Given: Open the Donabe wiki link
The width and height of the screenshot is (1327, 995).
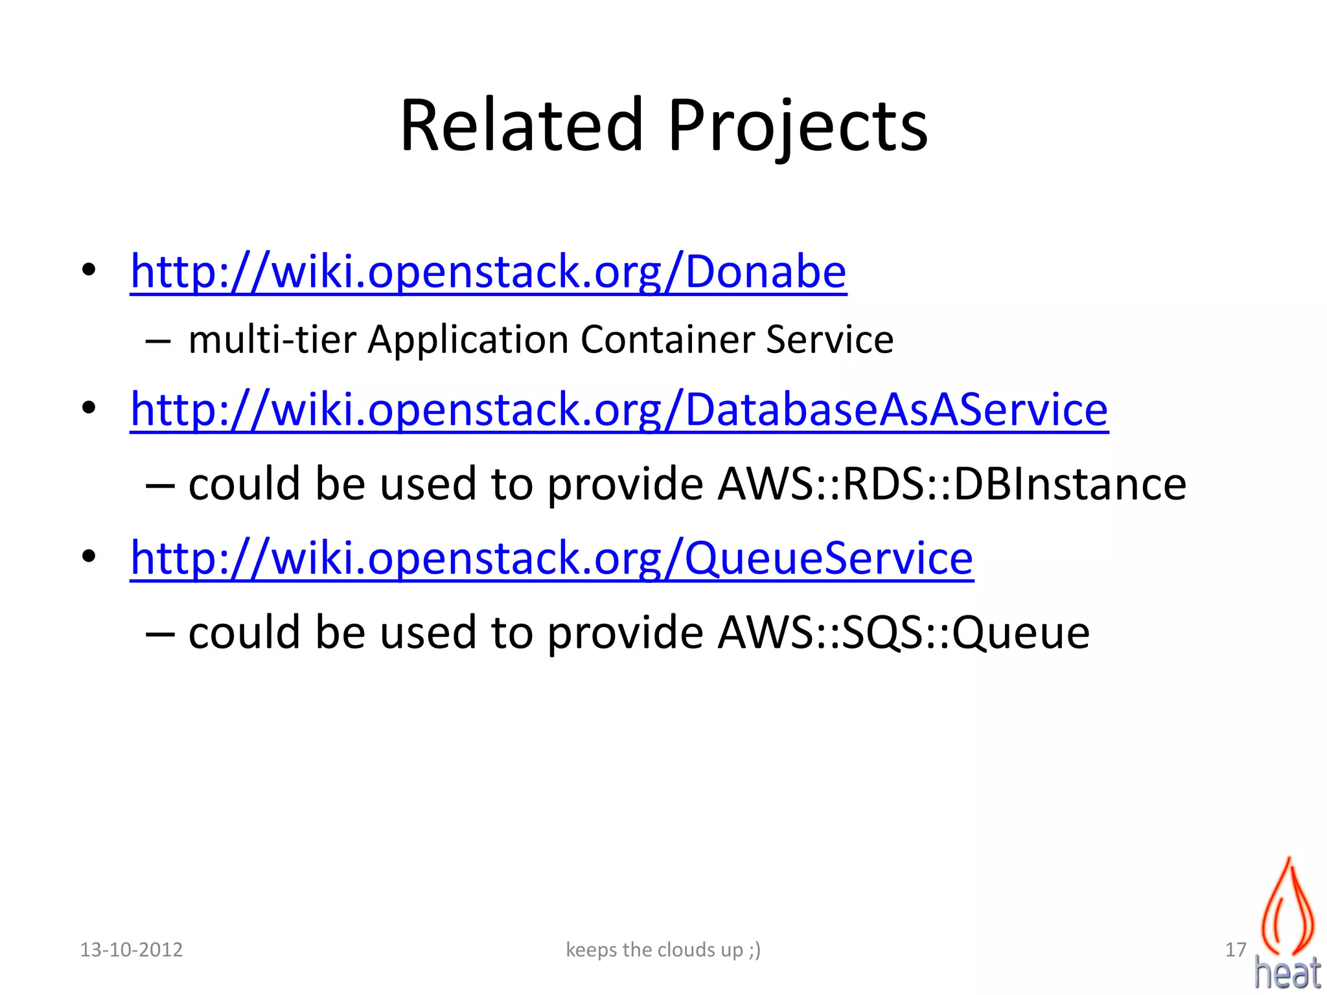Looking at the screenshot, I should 488,271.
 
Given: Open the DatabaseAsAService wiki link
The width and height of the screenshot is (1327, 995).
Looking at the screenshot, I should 619,409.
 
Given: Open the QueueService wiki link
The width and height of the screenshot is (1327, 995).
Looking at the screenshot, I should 551,558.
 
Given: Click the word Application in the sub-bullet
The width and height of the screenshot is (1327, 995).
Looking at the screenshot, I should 468,341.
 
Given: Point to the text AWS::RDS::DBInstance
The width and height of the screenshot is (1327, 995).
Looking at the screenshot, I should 952,484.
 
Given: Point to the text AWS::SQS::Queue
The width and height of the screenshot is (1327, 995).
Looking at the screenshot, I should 903,632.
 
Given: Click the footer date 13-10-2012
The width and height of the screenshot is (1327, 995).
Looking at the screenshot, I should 131,950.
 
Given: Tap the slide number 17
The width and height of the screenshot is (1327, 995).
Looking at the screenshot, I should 1236,950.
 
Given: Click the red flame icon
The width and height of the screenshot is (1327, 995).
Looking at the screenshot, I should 1287,907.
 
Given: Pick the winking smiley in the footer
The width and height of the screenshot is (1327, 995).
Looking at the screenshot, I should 754,950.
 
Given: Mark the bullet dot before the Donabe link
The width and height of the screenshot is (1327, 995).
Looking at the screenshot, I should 89,269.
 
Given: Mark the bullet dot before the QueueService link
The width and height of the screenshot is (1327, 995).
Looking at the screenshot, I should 89,556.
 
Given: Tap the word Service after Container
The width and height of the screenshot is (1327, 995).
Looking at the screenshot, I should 829,339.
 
